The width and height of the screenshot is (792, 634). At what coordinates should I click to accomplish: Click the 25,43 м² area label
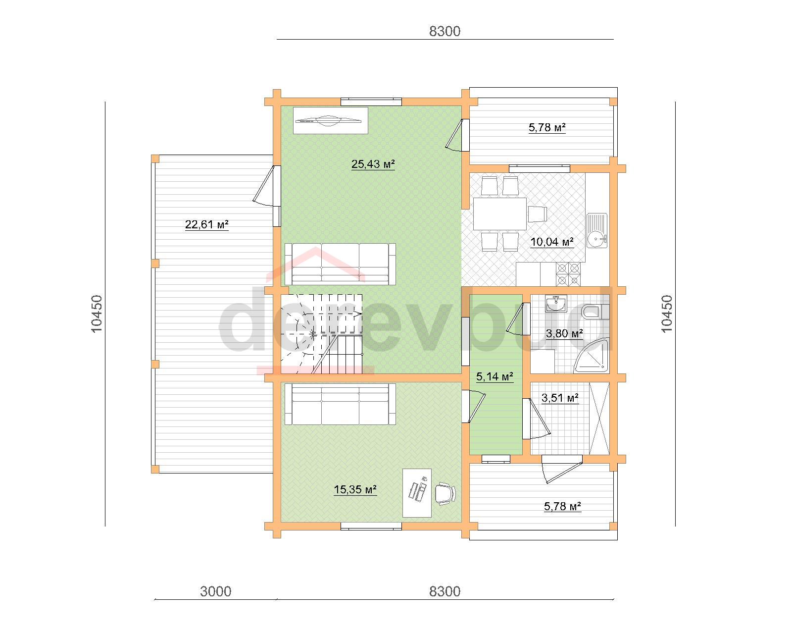373,164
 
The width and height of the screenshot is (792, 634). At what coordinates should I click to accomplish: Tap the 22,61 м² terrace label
206,224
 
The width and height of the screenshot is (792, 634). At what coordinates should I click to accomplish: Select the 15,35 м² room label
355,489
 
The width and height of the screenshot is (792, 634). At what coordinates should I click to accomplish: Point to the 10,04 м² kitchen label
551,242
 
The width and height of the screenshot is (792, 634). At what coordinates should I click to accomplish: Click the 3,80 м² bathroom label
564,333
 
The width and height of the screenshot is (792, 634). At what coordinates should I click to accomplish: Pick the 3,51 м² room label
560,398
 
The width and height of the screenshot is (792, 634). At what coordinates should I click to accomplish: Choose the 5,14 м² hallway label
495,376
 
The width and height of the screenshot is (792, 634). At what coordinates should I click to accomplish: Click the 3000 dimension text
216,591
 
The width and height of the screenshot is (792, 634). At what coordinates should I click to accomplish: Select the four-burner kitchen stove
568,274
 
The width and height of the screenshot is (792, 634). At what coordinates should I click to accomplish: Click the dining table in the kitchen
500,213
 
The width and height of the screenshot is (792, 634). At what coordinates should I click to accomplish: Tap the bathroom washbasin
556,304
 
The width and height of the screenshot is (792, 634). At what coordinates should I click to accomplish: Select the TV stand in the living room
331,120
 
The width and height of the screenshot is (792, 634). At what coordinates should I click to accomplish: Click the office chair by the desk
445,493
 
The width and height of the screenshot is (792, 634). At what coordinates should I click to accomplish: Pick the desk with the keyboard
417,493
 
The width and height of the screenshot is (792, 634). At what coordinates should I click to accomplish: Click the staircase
322,334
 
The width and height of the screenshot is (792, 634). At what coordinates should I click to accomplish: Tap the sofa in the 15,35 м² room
340,404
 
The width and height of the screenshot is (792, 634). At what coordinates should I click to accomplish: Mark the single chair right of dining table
538,214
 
